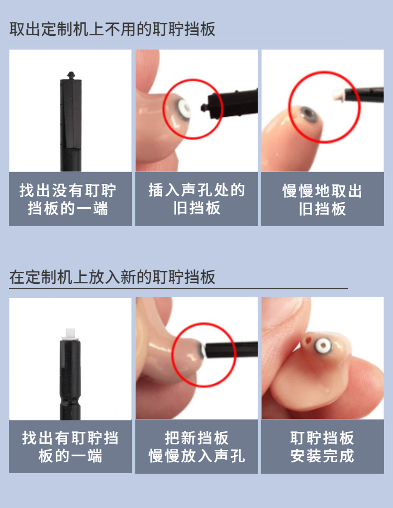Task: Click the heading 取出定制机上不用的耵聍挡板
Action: tap(112, 29)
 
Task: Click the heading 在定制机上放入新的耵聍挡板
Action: tap(112, 277)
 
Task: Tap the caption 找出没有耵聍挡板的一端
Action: tap(68, 199)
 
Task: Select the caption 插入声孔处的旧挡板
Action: tap(196, 199)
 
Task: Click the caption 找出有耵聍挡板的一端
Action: tap(70, 447)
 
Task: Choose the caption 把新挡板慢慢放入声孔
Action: tap(196, 447)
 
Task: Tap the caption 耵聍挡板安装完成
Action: tap(322, 447)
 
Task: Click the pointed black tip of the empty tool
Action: tap(71, 75)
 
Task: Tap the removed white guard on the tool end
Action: tap(338, 94)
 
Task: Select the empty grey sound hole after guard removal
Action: tap(308, 114)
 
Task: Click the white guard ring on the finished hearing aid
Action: tap(323, 345)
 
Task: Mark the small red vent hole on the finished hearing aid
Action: tap(307, 340)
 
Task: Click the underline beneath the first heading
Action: tap(178, 40)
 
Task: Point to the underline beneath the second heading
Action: tap(178, 288)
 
